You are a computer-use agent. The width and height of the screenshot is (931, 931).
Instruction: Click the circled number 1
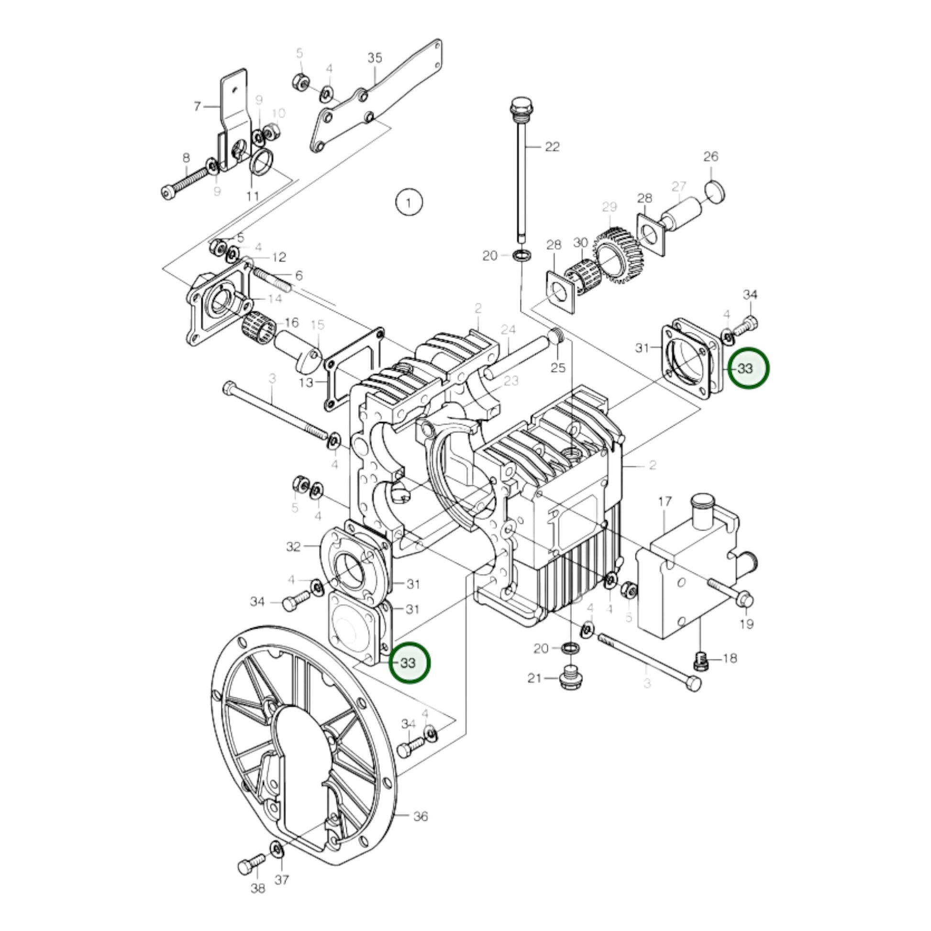409,203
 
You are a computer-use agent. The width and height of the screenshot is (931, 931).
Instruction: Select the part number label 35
375,58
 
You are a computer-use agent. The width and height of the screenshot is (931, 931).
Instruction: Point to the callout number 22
552,146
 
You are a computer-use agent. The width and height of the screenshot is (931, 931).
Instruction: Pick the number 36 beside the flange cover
421,816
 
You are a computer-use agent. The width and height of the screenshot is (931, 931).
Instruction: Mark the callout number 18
730,658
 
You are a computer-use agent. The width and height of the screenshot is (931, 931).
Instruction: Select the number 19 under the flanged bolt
746,624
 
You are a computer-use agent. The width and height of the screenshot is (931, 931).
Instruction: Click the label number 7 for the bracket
197,107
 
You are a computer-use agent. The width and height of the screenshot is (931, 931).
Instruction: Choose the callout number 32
293,546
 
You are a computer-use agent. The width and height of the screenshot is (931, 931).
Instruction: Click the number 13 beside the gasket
306,383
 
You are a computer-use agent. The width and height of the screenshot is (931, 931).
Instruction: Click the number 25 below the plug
557,368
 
